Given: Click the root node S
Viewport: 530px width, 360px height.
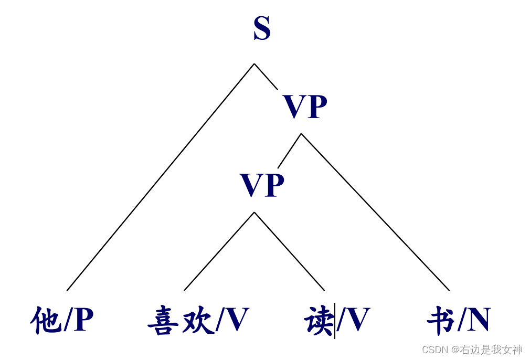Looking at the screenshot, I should click(x=262, y=30).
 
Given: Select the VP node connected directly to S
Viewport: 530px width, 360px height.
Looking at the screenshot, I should click(x=305, y=108).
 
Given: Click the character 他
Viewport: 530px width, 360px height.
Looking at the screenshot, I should click(x=46, y=320).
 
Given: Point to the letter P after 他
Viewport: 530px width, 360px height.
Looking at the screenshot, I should click(x=84, y=320).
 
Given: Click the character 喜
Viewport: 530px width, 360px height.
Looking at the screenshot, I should click(x=163, y=321).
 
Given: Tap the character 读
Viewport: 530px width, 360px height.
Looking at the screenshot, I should click(x=319, y=320).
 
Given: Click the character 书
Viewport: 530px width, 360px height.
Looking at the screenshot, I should click(x=441, y=320).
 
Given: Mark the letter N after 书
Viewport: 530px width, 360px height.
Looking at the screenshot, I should click(x=479, y=320).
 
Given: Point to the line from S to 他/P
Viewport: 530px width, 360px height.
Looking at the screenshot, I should click(x=160, y=177).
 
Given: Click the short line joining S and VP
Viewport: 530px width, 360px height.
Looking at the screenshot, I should click(x=266, y=77).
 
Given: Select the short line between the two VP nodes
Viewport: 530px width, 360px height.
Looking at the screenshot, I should click(x=289, y=151).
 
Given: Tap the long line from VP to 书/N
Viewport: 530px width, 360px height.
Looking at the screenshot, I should click(x=375, y=212).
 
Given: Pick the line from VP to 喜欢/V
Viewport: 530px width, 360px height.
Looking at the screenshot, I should click(x=219, y=251).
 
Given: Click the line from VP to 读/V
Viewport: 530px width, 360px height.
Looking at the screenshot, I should click(x=289, y=251).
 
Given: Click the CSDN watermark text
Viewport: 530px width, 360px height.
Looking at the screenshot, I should click(x=472, y=350).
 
